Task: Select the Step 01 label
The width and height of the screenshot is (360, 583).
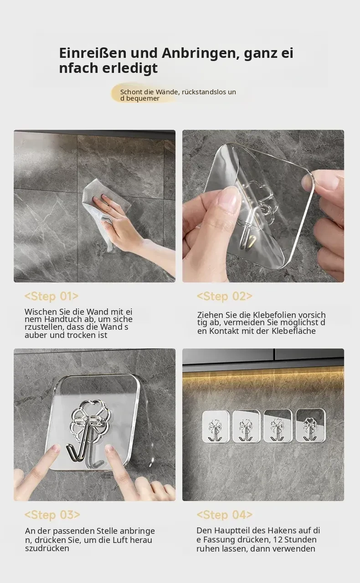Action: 51,296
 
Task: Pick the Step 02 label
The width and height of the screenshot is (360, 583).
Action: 225,296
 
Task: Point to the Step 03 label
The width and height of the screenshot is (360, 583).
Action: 52,515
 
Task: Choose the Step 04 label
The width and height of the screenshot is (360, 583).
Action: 225,515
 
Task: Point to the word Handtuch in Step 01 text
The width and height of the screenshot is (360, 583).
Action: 61,319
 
